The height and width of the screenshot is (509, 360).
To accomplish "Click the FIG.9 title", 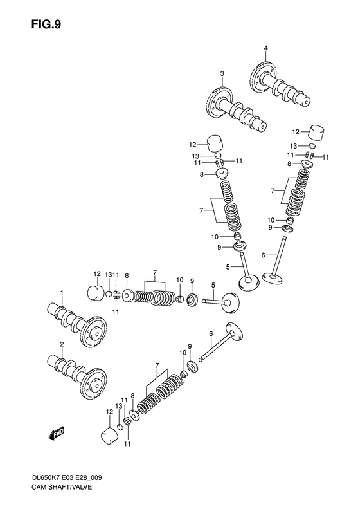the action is click(x=46, y=24).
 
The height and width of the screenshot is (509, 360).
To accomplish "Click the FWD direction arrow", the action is click(x=57, y=432).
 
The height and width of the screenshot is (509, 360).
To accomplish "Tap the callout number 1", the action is click(x=62, y=293).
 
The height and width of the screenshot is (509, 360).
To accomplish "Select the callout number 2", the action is click(x=62, y=344).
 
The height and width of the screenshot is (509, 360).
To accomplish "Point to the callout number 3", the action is click(x=222, y=74).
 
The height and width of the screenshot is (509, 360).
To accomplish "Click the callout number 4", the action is click(x=265, y=48).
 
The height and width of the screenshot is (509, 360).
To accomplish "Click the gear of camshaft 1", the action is click(x=94, y=332).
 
